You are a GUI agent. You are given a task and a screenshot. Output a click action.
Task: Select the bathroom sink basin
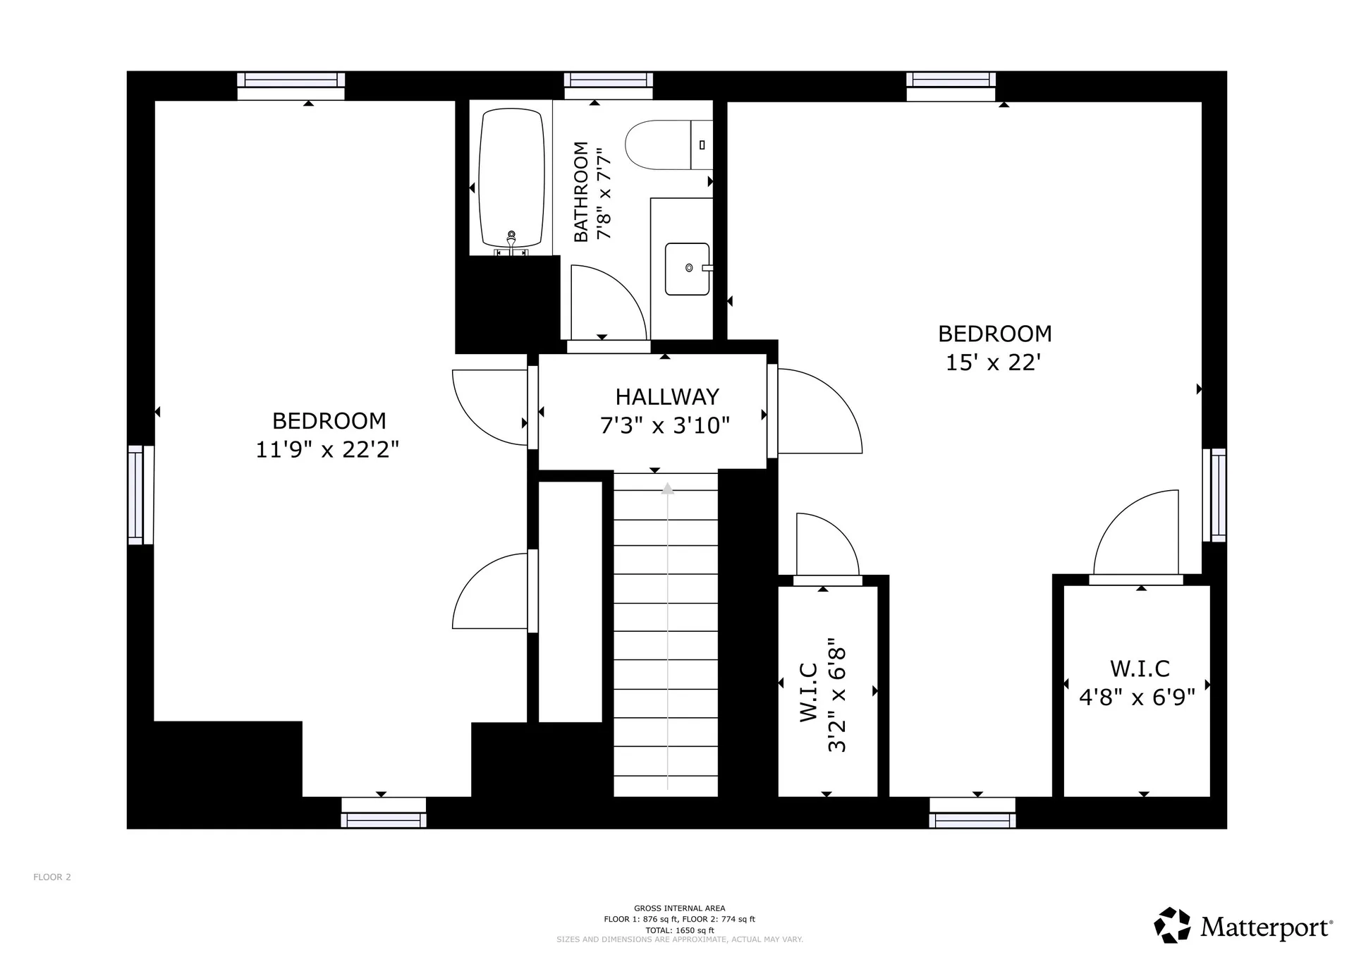pyautogui.click(x=687, y=269)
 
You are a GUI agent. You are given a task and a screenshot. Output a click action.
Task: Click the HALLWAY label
pyautogui.click(x=667, y=397)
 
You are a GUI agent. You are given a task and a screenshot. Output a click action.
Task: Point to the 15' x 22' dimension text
pyautogui.click(x=993, y=362)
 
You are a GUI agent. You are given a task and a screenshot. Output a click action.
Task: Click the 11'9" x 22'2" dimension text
pyautogui.click(x=327, y=449)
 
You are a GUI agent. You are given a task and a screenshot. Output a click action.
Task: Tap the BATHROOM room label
pyautogui.click(x=581, y=192)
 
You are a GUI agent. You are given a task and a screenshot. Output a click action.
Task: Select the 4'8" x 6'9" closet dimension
pyautogui.click(x=1137, y=697)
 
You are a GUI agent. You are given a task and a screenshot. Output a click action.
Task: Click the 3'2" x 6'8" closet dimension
pyautogui.click(x=836, y=695)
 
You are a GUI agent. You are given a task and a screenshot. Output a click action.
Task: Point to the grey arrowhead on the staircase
pyautogui.click(x=667, y=488)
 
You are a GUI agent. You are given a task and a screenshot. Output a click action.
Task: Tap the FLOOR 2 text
pyautogui.click(x=52, y=877)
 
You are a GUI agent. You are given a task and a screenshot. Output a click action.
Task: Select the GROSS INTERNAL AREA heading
pyautogui.click(x=679, y=908)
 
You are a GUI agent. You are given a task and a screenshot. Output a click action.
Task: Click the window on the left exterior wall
pyautogui.click(x=140, y=494)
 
